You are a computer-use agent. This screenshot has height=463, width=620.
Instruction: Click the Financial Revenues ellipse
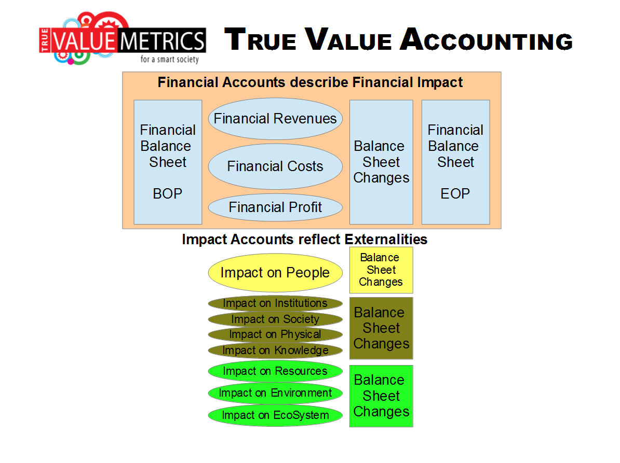pos(275,119)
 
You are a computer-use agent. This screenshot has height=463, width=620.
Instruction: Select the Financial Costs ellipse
pos(275,166)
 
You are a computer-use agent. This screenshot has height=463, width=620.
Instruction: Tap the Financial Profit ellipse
pos(275,207)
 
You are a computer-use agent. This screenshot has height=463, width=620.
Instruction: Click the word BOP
pos(168,194)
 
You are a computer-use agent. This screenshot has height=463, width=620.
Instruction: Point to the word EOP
pos(455,194)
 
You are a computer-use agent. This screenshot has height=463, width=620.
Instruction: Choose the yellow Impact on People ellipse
pos(275,273)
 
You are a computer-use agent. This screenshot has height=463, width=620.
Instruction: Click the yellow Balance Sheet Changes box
pos(381,270)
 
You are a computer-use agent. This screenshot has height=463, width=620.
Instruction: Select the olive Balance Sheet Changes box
pos(381,328)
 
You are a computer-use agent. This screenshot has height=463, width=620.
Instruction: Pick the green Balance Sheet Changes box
pos(381,396)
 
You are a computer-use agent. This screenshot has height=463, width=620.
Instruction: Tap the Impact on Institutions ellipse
pos(275,303)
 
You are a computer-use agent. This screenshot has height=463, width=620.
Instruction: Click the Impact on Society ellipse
pos(275,319)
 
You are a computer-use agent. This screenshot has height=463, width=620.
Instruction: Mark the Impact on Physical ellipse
pos(275,334)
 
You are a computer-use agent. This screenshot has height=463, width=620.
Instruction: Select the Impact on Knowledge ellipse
pos(275,350)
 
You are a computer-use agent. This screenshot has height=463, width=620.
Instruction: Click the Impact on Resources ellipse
pos(275,371)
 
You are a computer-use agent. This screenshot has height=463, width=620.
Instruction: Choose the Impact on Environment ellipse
pos(275,393)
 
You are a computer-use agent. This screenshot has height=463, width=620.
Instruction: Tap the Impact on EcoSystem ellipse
pos(275,415)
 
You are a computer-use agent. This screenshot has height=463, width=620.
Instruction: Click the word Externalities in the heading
pos(386,239)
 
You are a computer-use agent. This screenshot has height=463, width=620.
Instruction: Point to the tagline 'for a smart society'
pos(170,59)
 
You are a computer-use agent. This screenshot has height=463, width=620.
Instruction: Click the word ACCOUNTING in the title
pos(487,39)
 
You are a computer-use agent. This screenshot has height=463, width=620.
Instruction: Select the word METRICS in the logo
pos(161,40)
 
